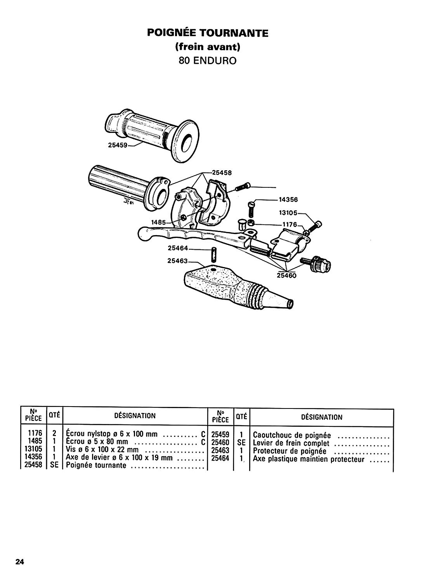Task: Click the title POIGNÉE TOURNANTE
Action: [208, 33]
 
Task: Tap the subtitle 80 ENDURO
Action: [208, 61]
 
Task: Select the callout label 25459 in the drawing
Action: [118, 145]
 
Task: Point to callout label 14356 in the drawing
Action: [288, 200]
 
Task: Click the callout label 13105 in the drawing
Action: [288, 213]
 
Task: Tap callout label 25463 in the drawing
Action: [177, 260]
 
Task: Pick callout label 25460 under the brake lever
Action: [286, 275]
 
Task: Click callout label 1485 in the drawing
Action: [159, 222]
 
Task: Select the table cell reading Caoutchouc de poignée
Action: [292, 435]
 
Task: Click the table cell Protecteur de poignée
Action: [290, 451]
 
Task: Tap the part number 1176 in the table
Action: [35, 433]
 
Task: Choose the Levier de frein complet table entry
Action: [291, 443]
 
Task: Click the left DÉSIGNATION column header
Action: [135, 415]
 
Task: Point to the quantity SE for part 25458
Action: [54, 465]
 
